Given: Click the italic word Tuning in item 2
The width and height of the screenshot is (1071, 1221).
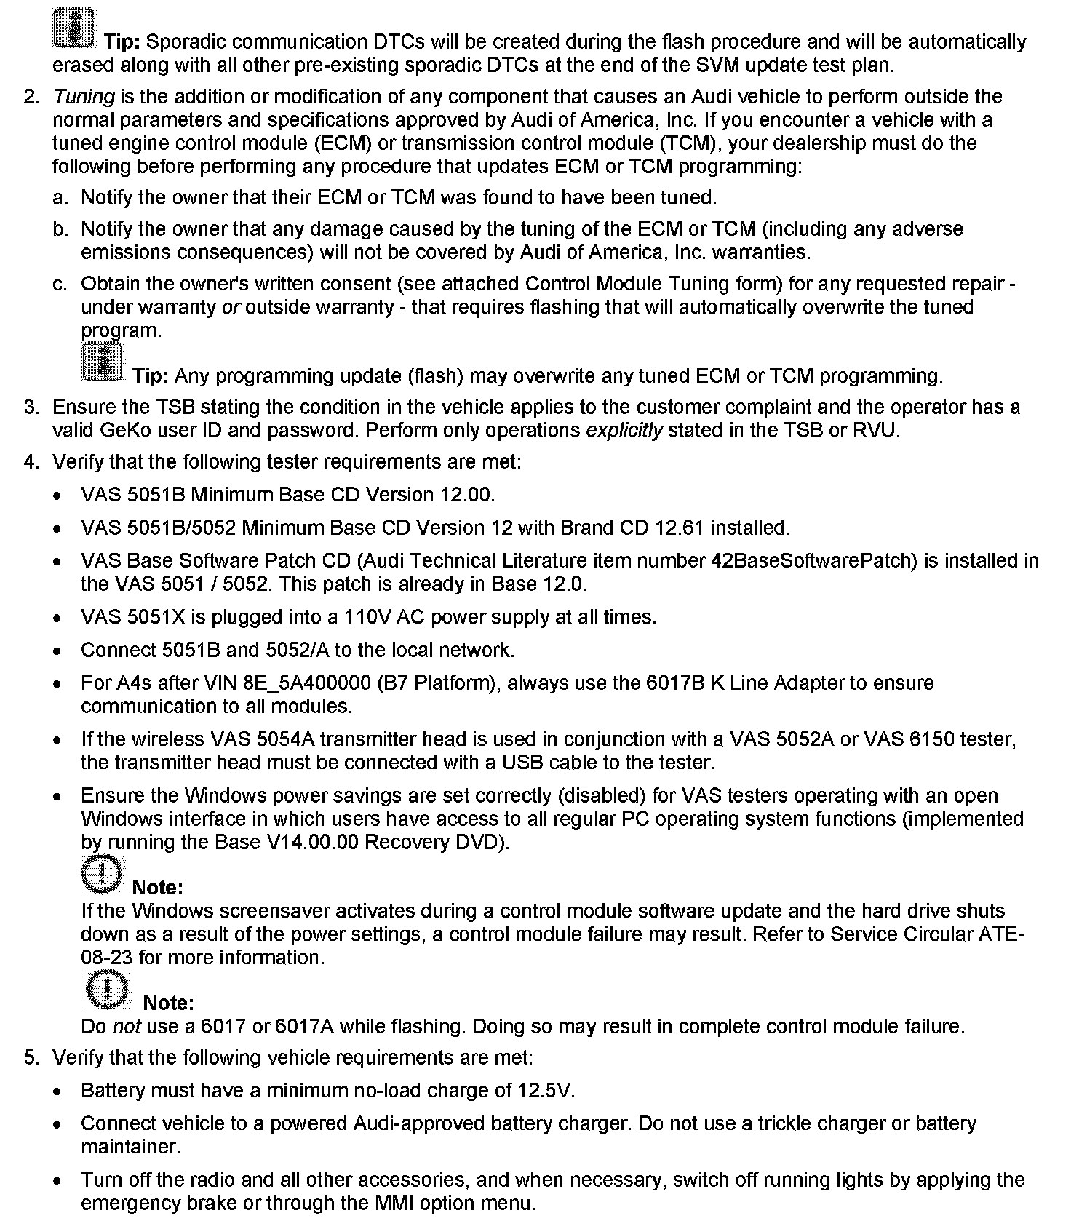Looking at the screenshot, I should tap(84, 97).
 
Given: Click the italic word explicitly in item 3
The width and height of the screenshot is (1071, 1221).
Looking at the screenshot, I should tap(624, 431).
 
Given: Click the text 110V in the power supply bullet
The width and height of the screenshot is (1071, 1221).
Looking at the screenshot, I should tap(368, 617).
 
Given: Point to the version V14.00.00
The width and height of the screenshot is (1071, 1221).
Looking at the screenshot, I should tap(415, 843).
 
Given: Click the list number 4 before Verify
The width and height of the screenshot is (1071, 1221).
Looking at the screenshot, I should tap(31, 462).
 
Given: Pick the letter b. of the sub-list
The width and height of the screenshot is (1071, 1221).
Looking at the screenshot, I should tap(60, 229).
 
